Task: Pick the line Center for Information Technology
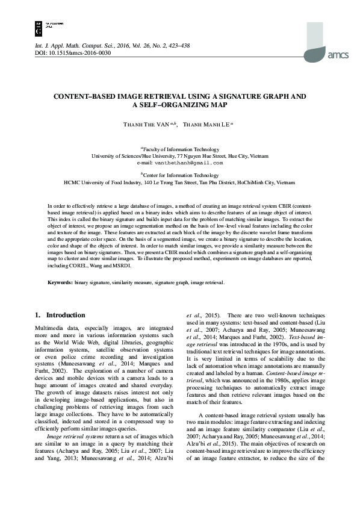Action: click(x=180, y=175)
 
